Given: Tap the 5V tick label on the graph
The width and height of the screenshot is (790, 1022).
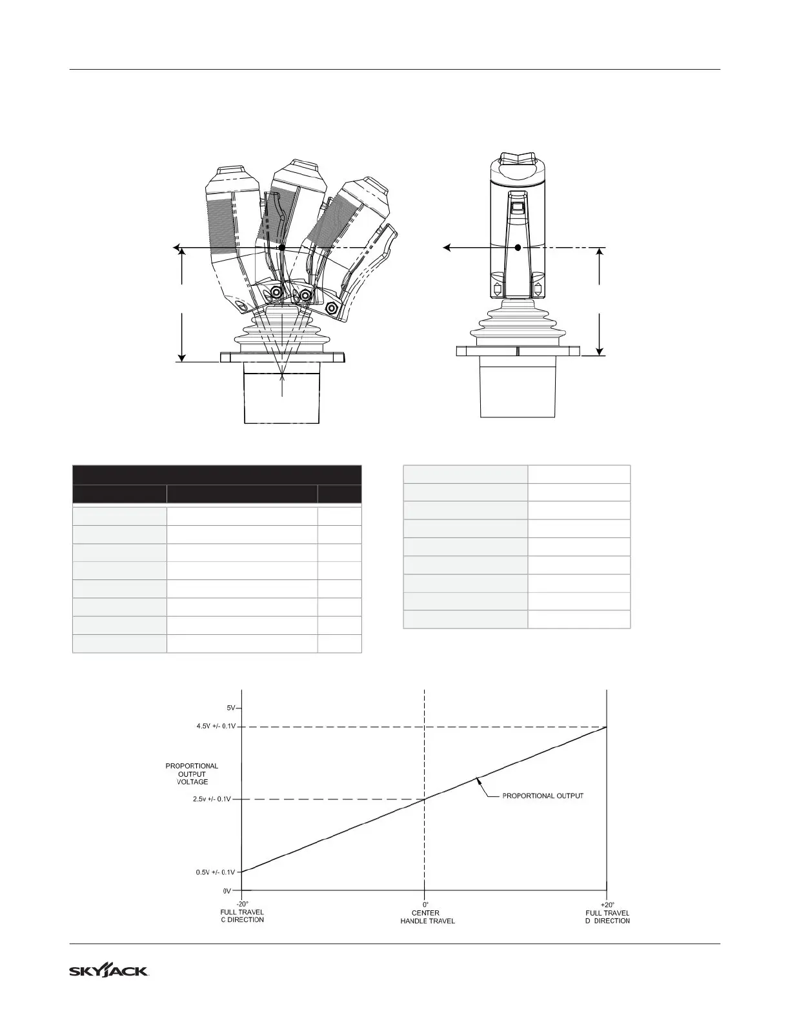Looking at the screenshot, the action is tap(232, 708).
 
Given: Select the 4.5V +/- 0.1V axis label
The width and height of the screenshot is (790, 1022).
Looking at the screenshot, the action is tap(216, 726).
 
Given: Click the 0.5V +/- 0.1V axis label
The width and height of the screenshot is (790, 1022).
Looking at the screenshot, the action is tap(216, 872).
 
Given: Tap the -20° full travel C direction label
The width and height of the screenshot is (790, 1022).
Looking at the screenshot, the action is tap(242, 912).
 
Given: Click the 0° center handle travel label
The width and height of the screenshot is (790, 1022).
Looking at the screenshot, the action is tap(427, 913).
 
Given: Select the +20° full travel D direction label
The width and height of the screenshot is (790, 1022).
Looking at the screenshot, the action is tap(607, 913).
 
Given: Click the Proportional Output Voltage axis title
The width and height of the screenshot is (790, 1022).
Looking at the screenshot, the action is tap(192, 774).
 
